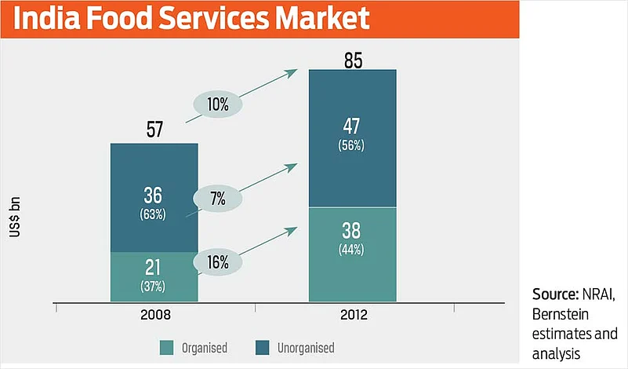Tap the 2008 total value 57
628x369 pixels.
154,129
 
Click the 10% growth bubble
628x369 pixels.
218,104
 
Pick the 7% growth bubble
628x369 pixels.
217,199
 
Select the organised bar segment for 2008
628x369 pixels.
154,276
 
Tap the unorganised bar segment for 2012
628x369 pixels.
353,138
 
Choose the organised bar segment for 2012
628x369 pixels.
353,254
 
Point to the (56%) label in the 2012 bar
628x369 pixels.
352,145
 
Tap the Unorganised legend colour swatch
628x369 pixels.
262,348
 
